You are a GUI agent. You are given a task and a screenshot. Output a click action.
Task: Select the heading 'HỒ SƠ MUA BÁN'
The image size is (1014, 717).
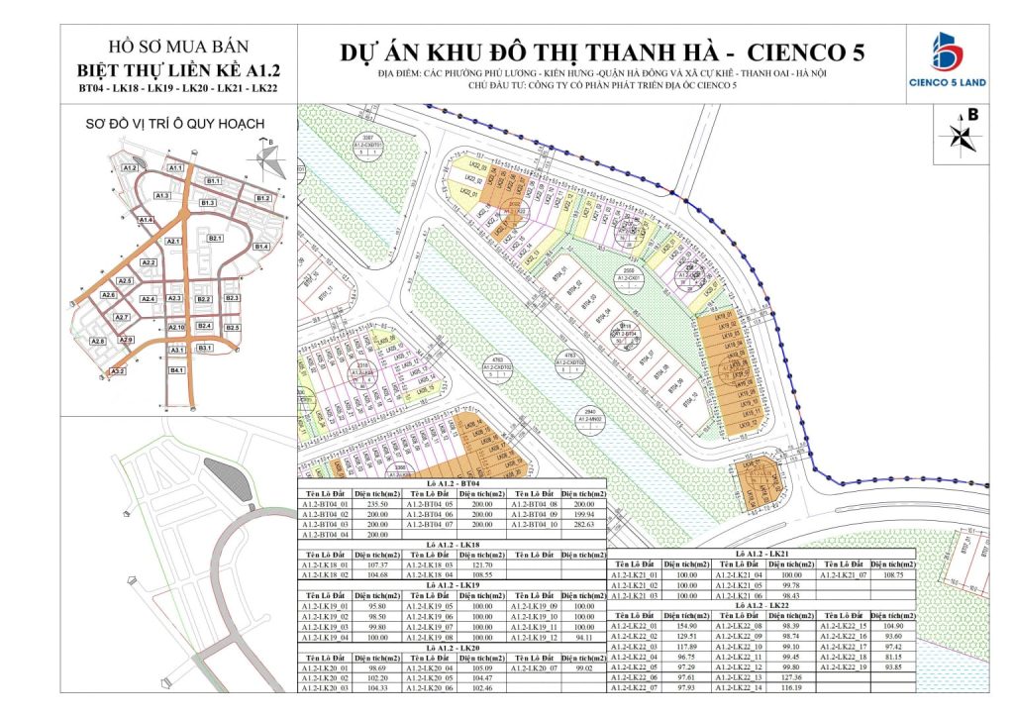pos(178,47)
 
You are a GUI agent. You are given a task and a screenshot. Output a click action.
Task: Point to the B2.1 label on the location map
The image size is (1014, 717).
pos(214,239)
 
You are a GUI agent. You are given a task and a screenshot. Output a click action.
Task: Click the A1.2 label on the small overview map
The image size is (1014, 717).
pos(129,168)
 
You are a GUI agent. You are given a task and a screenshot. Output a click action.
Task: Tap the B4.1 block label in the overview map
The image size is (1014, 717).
pos(178,370)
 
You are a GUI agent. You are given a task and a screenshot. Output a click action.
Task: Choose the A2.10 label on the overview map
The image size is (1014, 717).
pos(176,327)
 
